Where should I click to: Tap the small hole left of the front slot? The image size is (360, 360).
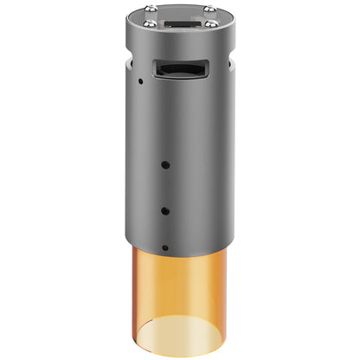pyautogui.click(x=139, y=82)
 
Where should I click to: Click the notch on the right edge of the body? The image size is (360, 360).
pyautogui.click(x=232, y=62)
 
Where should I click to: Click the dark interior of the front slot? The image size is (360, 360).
pyautogui.click(x=176, y=68)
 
